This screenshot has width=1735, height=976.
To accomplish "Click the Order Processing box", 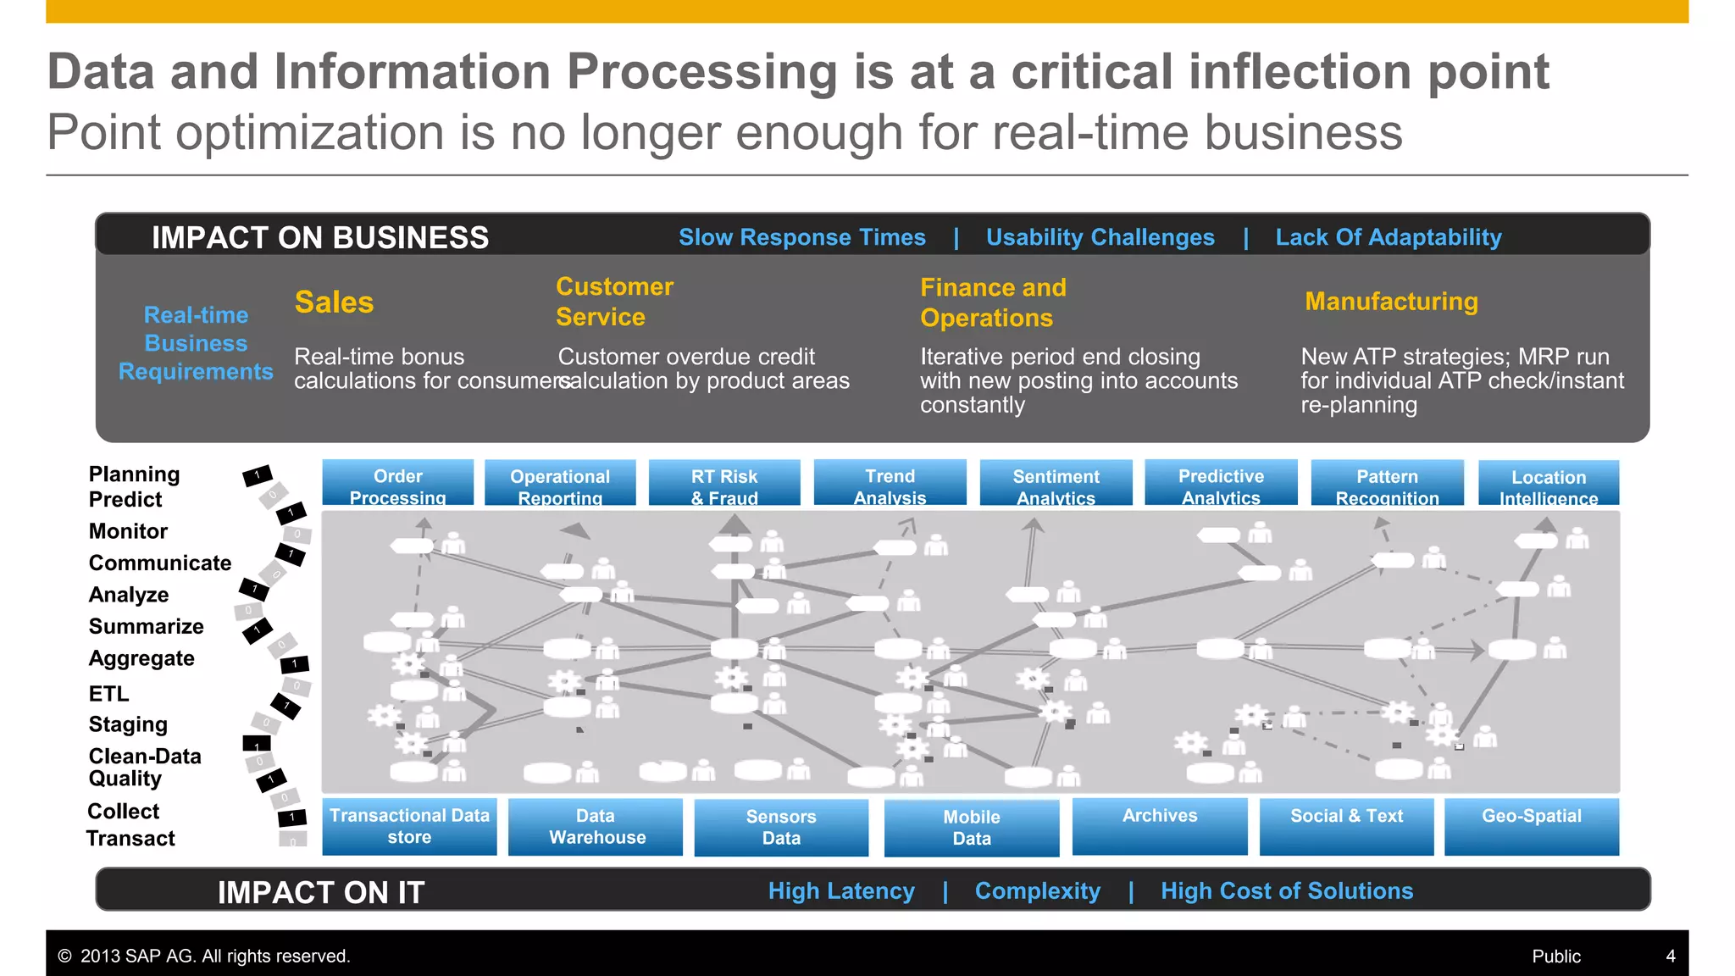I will tap(397, 484).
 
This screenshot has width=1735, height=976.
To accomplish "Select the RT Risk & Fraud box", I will tap(724, 484).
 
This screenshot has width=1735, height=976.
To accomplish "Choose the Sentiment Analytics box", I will tap(1056, 484).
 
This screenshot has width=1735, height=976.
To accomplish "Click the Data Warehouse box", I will tap(596, 827).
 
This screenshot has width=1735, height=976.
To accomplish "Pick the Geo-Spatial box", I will tap(1531, 826).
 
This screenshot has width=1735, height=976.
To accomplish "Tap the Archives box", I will tap(1160, 826).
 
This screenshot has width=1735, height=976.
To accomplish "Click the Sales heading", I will tap(334, 302).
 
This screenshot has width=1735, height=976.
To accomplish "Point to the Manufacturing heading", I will tap(1391, 302).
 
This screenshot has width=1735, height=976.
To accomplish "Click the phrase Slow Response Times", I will tap(801, 237).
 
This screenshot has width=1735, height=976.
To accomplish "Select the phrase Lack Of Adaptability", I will tap(1389, 237).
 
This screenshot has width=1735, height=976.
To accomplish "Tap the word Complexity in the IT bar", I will tap(1038, 891).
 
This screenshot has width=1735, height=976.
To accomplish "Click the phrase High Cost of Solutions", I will tap(1287, 891).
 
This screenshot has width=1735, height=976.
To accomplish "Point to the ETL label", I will tap(109, 694).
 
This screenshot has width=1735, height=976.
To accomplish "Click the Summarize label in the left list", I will tap(146, 627).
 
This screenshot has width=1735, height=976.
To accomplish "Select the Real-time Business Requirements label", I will tap(196, 343).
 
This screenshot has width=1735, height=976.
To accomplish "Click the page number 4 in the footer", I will tap(1671, 957).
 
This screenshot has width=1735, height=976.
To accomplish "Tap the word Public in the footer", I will tap(1555, 957).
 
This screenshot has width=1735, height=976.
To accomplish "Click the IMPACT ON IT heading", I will tap(320, 892).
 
